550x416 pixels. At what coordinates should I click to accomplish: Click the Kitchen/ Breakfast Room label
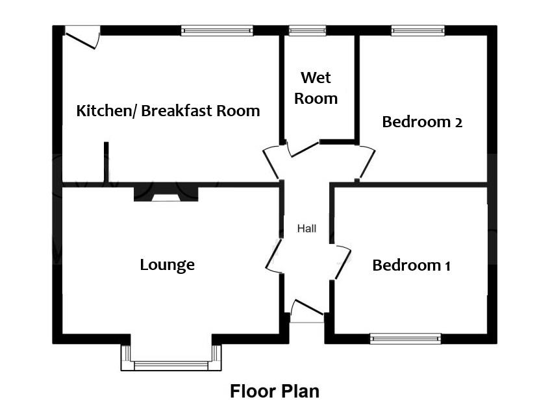[168, 111]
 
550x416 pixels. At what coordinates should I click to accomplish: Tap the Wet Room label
[316, 88]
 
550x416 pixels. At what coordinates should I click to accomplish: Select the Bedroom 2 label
[422, 122]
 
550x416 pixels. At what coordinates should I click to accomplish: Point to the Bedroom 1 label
[411, 265]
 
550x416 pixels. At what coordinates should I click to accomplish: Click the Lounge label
[167, 265]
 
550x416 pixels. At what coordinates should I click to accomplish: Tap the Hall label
[306, 228]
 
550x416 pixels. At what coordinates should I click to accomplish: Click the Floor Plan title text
[275, 391]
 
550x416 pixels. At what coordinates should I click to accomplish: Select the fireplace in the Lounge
[166, 194]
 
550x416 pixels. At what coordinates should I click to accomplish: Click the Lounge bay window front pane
[171, 366]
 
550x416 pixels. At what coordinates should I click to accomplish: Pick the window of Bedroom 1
[405, 339]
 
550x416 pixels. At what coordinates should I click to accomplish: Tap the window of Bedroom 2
[418, 31]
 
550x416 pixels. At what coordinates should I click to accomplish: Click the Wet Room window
[307, 31]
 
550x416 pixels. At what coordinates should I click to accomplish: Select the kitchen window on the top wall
[217, 31]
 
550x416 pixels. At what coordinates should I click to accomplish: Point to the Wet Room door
[304, 150]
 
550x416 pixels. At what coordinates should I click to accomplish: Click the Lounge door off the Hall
[274, 256]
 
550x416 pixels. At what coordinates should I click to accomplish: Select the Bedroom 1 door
[343, 262]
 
